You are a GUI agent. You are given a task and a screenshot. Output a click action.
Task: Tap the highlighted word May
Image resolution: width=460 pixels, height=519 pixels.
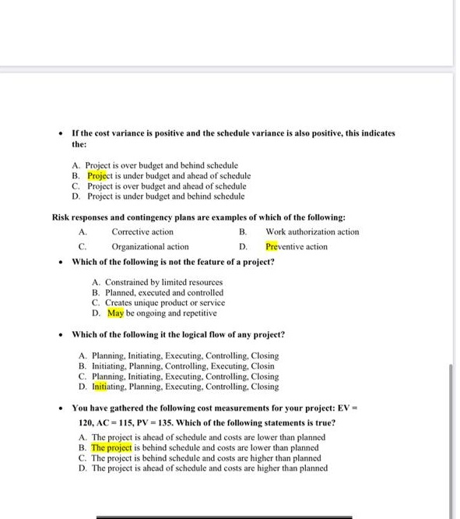(x=115, y=313)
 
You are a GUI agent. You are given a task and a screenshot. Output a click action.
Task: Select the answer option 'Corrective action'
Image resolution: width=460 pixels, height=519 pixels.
(x=142, y=231)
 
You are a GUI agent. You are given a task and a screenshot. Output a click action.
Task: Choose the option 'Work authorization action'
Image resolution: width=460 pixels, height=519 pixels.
(x=312, y=231)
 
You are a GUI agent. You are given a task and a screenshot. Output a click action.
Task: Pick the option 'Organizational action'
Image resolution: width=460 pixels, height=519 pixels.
(x=150, y=246)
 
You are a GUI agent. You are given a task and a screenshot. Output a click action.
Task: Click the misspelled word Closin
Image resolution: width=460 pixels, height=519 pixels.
(x=263, y=365)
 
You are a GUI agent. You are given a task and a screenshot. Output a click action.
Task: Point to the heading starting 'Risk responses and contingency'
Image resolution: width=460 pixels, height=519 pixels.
(x=198, y=217)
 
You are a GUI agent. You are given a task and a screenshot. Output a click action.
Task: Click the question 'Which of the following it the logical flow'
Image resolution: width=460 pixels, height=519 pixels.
(x=178, y=334)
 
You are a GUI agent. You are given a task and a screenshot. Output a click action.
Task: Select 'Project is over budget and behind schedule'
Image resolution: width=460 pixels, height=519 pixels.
(x=162, y=166)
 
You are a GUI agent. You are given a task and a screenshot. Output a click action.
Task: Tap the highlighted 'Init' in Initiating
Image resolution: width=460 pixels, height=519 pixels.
(x=99, y=386)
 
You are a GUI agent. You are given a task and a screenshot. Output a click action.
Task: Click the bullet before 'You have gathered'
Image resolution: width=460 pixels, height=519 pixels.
(x=61, y=408)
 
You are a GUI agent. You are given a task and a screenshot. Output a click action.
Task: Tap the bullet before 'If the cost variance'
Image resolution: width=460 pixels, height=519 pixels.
(x=61, y=133)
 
